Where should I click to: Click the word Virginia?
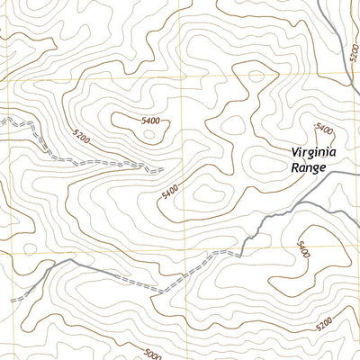pos(313,152)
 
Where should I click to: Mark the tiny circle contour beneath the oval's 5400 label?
pos(148,135)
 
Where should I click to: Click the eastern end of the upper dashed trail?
pos(163,168)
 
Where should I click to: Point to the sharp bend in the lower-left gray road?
pos(67,262)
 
